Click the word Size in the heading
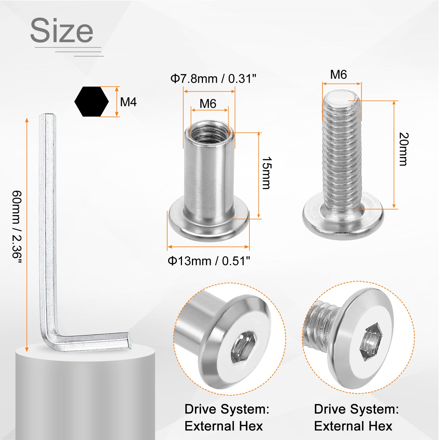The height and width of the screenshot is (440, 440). tap(62, 30)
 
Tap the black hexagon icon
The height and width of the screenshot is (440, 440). tap(92, 102)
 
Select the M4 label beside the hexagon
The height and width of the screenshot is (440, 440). tap(128, 102)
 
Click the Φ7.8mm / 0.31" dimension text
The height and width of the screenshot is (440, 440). tap(213, 79)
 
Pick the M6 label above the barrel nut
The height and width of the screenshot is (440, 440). tap(208, 104)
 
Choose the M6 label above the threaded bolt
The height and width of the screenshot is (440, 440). tap(339, 75)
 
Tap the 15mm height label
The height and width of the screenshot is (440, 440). tap(266, 173)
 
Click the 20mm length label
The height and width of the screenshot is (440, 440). tap(404, 149)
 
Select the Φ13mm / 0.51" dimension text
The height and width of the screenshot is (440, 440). tap(209, 261)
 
